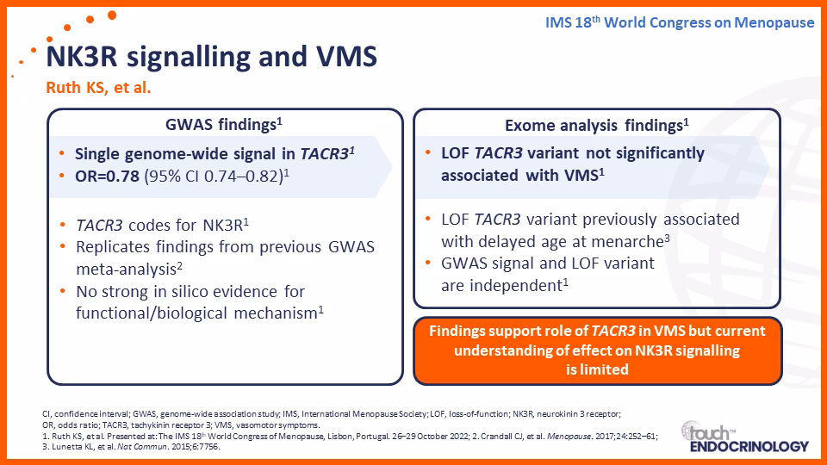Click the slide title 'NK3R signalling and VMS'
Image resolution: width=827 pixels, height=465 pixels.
tap(212, 57)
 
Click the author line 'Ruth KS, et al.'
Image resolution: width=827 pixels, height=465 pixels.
tap(98, 88)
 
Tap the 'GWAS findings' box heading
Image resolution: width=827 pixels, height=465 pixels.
tap(224, 124)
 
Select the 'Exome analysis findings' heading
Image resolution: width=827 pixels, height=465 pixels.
tap(596, 126)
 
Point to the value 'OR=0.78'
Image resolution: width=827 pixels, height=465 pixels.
tap(107, 176)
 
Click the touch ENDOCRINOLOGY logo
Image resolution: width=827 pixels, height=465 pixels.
tap(744, 437)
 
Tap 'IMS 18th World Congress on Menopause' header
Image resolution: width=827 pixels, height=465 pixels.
tap(680, 22)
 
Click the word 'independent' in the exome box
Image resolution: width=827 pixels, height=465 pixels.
tap(516, 285)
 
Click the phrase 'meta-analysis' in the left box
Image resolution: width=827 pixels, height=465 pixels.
tap(126, 270)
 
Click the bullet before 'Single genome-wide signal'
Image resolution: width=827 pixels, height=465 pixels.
tap(62, 154)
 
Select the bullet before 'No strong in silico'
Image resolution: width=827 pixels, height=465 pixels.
tap(63, 292)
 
